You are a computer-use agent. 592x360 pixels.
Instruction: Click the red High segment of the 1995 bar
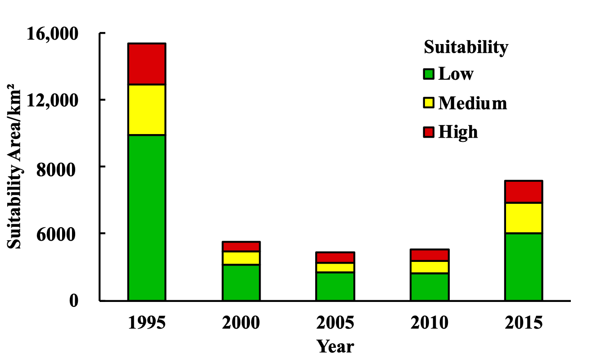point(147,64)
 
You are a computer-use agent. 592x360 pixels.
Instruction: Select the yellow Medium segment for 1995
point(147,109)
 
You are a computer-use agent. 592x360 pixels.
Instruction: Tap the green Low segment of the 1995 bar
point(147,217)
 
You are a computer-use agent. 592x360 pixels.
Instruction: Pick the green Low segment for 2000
point(241,282)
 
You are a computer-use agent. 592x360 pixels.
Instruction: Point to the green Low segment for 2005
point(335,286)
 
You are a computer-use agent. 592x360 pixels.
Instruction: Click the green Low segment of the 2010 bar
point(429,287)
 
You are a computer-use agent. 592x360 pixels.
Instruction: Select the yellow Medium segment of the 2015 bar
point(523,218)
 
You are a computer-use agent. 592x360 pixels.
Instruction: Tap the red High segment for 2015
point(523,192)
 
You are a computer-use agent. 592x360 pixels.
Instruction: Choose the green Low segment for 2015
point(523,266)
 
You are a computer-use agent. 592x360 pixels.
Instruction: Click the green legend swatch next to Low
point(429,74)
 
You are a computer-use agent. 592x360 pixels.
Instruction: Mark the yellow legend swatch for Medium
point(429,103)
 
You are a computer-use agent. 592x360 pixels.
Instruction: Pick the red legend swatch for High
point(429,132)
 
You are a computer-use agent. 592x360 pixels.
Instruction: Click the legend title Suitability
point(466,47)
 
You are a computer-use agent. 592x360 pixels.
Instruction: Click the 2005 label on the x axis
point(335,323)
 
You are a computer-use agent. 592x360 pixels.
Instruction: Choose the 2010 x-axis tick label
point(429,323)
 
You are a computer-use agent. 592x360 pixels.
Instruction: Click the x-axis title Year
point(335,347)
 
